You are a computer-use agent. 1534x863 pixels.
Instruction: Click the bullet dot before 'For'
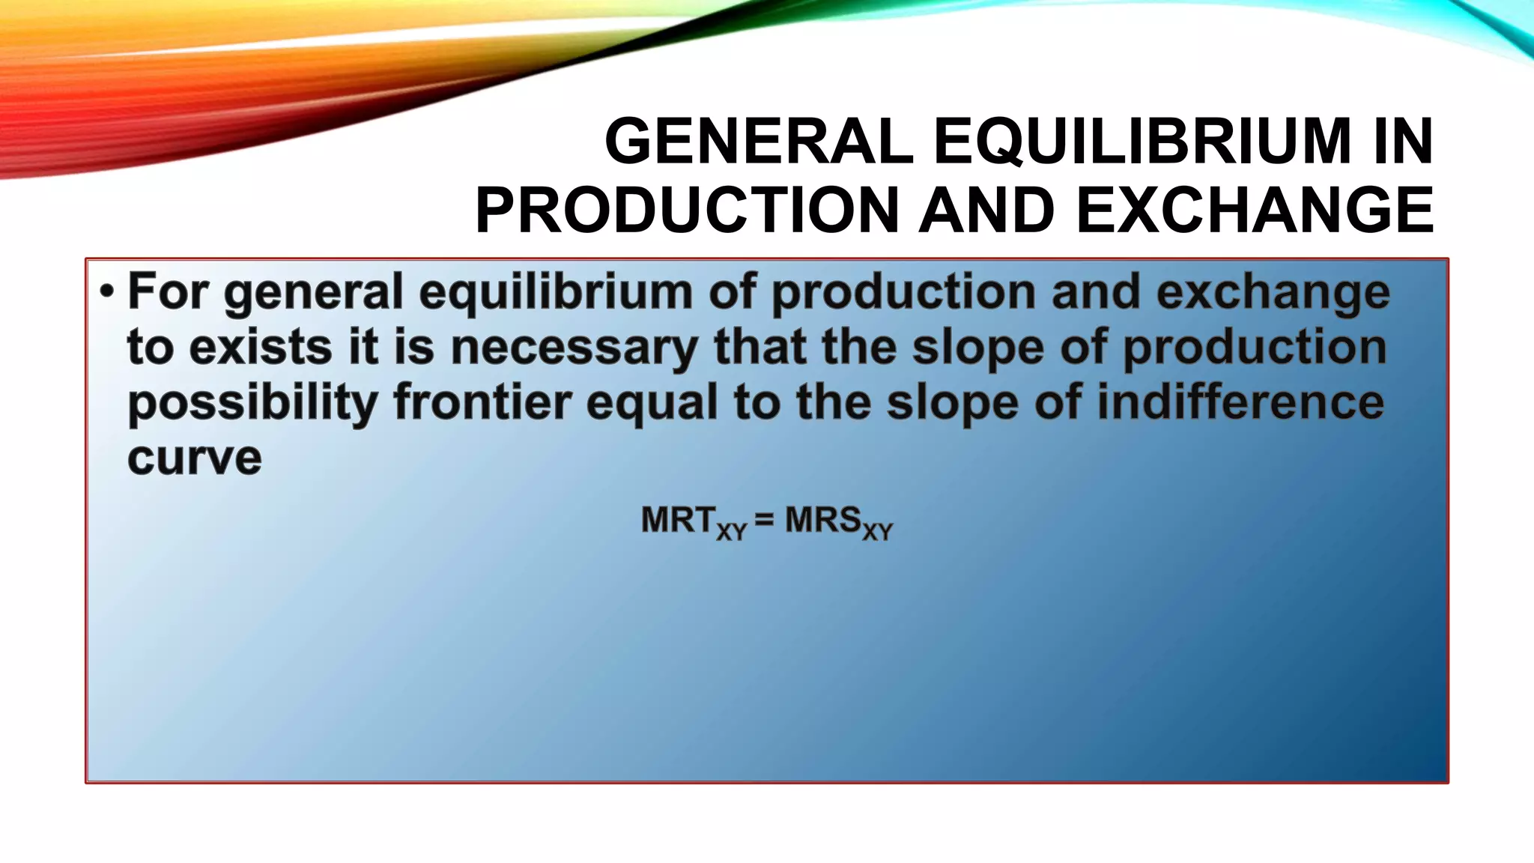point(106,291)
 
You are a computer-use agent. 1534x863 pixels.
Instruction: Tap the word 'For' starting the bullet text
point(168,291)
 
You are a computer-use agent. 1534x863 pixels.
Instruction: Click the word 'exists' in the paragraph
point(261,348)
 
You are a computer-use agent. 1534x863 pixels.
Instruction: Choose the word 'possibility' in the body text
point(252,404)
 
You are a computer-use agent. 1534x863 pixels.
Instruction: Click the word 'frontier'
point(482,402)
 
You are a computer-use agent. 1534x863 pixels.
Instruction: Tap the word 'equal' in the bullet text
point(652,404)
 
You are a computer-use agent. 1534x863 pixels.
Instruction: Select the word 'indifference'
point(1240,402)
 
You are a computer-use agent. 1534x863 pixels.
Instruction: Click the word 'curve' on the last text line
point(195,458)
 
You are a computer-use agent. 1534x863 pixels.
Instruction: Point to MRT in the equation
point(678,520)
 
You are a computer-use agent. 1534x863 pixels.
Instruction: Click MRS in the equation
point(822,520)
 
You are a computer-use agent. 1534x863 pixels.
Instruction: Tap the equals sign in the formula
point(765,520)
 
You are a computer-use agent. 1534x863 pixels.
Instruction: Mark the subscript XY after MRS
point(877,532)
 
